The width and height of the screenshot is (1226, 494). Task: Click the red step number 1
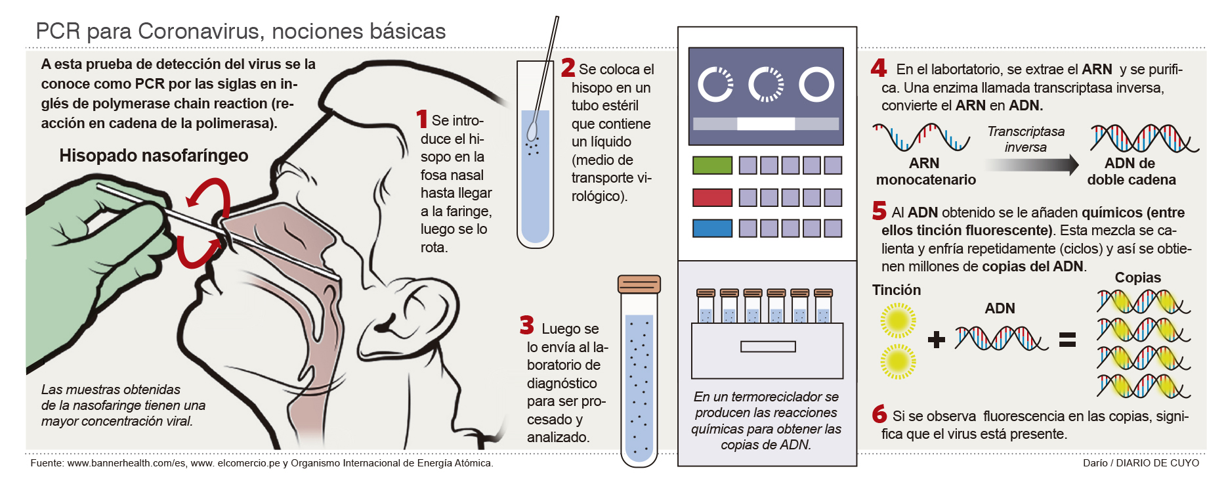(x=422, y=119)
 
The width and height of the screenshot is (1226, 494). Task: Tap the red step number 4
(x=879, y=68)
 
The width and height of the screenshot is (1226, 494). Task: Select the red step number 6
(x=879, y=414)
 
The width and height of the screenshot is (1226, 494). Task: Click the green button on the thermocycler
(x=712, y=165)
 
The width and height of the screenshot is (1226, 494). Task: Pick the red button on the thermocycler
(x=712, y=197)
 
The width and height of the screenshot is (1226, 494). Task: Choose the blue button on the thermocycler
(x=712, y=228)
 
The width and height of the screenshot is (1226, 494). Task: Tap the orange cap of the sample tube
(x=639, y=284)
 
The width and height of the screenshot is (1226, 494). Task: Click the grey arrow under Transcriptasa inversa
(x=1032, y=165)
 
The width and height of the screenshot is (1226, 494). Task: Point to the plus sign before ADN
(x=937, y=339)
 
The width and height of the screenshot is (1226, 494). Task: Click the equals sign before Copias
(x=1068, y=339)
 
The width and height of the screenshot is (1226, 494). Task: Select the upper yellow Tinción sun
(x=898, y=321)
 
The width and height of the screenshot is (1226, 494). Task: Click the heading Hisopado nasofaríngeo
(x=154, y=156)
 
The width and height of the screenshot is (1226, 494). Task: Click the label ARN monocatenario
(x=925, y=171)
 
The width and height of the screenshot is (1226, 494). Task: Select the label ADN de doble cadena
(x=1131, y=171)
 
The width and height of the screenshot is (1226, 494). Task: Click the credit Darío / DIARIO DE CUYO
(x=1141, y=463)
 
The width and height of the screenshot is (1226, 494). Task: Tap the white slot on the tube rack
(x=768, y=346)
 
